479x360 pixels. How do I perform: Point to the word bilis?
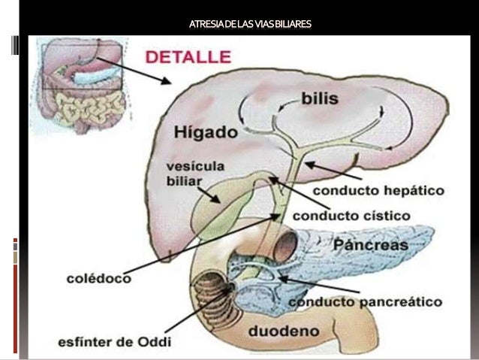pos(321,98)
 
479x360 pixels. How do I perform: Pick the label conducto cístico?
pos(351,216)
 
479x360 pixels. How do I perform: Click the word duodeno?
pos(284,331)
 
